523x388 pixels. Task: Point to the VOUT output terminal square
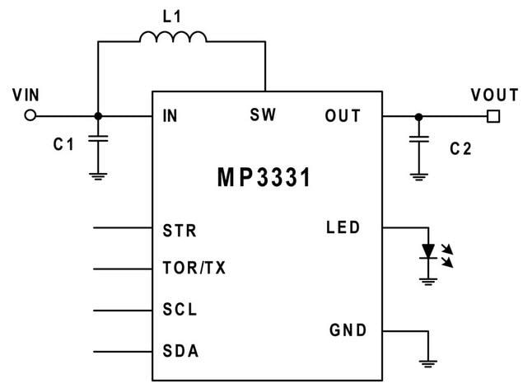494,116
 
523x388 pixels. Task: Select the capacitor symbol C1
99,142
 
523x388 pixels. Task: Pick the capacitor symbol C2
419,142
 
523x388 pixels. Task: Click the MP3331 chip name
264,177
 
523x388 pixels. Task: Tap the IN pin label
170,116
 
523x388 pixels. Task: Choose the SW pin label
263,116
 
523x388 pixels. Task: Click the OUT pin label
343,116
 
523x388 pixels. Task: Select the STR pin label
180,231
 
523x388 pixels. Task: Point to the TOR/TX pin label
195,269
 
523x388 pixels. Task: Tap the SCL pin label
180,311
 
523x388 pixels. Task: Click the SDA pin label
180,352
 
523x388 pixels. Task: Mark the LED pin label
343,227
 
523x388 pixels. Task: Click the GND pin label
347,331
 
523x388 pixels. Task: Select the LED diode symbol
428,250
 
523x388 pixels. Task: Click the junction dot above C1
99,116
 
